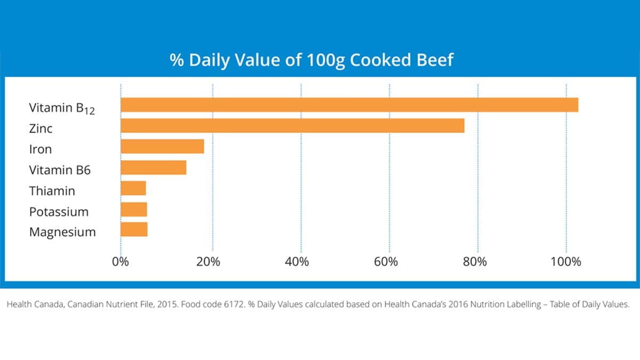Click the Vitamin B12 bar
(x=349, y=105)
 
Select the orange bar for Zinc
(x=292, y=126)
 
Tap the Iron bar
(x=162, y=147)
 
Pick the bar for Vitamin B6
(x=154, y=167)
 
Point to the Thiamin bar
(x=133, y=188)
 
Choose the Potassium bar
(x=134, y=209)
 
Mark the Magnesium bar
(x=134, y=230)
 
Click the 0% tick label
(x=121, y=262)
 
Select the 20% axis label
(x=209, y=262)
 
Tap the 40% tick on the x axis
(x=297, y=262)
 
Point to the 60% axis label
(x=386, y=262)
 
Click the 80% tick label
(x=475, y=262)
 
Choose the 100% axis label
(x=566, y=262)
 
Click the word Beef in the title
(x=435, y=59)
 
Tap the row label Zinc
(x=41, y=129)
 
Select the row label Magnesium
(x=62, y=233)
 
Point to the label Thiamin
(x=52, y=191)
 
